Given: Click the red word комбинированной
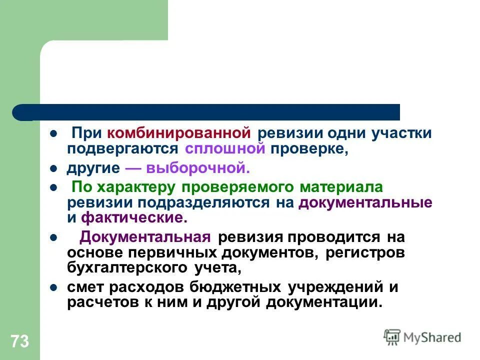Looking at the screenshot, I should click(178, 134).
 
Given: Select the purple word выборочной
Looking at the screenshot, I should click(209, 168).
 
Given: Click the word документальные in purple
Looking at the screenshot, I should click(365, 203).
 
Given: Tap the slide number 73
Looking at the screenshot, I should click(19, 342).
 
